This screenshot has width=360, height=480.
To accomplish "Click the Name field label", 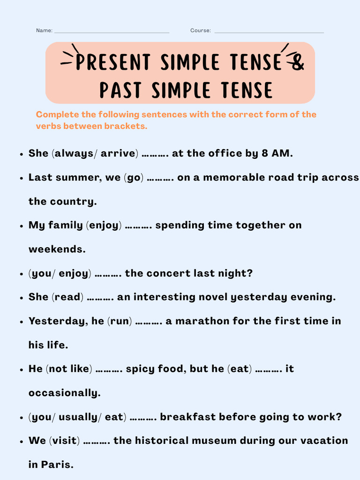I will tap(44, 30).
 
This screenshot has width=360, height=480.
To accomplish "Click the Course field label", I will tap(200, 30).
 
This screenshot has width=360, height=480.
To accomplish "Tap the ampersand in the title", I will tap(297, 62).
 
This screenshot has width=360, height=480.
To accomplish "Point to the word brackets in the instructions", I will tap(126, 126).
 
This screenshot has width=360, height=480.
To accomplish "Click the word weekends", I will tap(57, 249).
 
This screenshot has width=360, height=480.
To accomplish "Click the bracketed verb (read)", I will tap(68, 297).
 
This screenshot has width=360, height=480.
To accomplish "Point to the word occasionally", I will tap(64, 393).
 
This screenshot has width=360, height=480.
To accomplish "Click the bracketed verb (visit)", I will tap(64, 441).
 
